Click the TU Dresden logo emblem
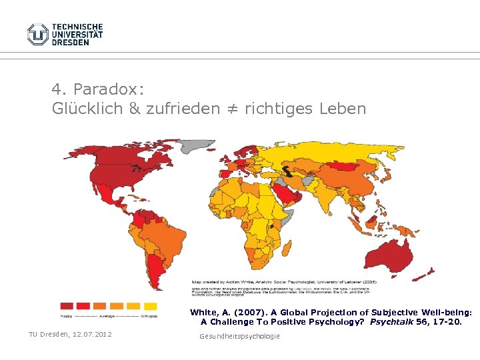(38, 34)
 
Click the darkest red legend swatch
(67, 306)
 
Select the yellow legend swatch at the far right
(151, 306)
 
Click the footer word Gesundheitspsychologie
(239, 336)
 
